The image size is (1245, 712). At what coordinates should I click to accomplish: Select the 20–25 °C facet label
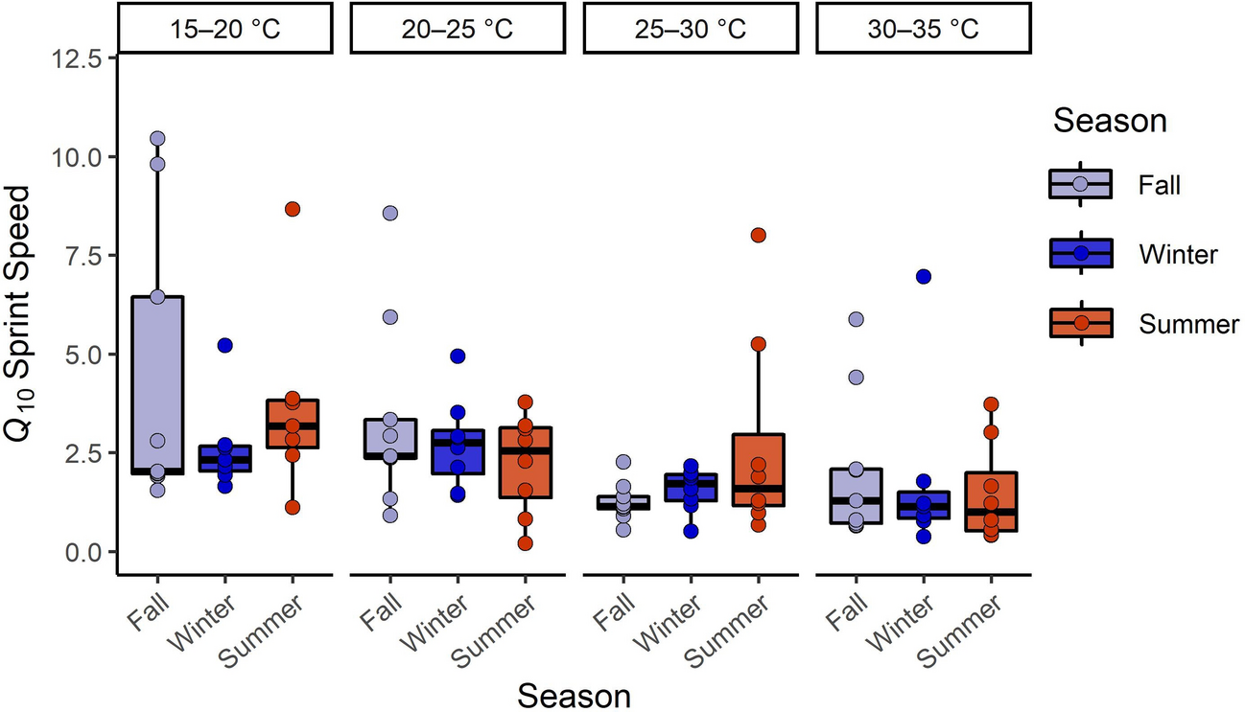(457, 28)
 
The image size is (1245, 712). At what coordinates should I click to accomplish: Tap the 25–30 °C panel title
(690, 28)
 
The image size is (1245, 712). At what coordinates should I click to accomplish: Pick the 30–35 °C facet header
(923, 28)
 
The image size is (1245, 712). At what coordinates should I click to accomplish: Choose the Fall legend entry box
(1080, 183)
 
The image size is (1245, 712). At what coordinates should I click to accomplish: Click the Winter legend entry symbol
(1080, 254)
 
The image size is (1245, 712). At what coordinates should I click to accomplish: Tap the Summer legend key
(1080, 324)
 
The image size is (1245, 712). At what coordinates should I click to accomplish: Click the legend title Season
(1110, 122)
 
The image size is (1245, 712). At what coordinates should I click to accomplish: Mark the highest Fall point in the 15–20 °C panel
(157, 139)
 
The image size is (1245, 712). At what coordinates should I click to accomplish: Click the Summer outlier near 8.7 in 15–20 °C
(293, 209)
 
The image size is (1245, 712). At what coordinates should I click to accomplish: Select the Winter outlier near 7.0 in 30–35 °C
(923, 276)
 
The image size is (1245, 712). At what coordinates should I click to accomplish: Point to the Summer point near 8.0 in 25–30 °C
(758, 235)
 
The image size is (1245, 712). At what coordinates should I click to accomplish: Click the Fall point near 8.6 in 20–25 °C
(389, 213)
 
